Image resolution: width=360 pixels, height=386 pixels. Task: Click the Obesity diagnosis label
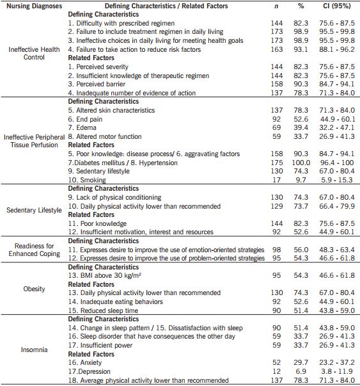[34, 289]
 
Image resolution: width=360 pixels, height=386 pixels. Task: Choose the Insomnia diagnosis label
[33, 351]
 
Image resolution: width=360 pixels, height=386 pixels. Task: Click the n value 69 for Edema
[277, 128]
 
